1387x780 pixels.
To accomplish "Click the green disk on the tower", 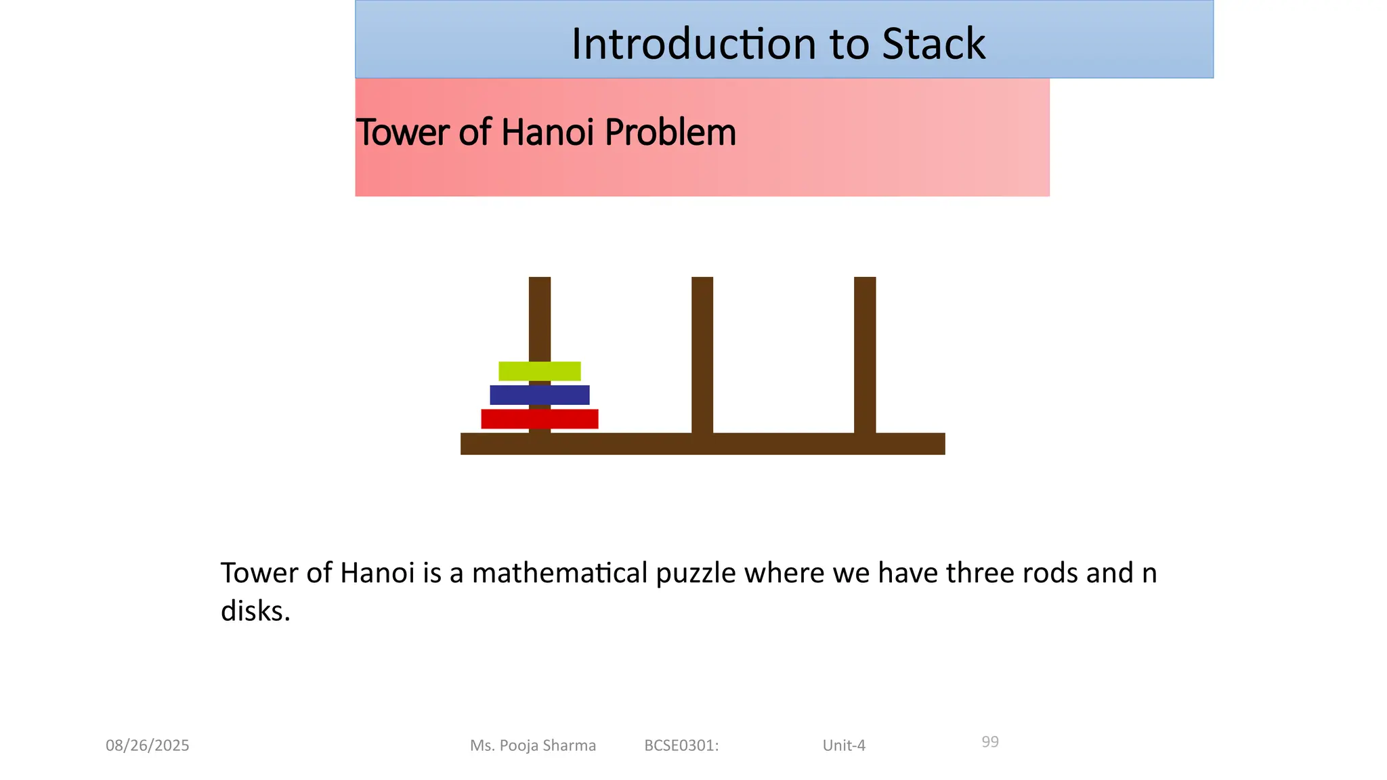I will (x=539, y=371).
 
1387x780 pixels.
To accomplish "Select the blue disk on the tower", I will (x=539, y=395).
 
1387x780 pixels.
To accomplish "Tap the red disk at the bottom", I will (x=539, y=419).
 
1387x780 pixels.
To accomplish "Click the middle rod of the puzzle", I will (x=702, y=352).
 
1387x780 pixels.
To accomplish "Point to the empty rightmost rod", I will (x=865, y=352).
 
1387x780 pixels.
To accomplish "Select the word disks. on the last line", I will (x=255, y=611).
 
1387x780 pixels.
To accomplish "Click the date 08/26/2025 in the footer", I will (x=148, y=745).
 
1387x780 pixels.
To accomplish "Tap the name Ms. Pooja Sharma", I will (x=533, y=745).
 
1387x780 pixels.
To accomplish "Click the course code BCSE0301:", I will (x=681, y=745).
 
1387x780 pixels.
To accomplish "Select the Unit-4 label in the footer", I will (x=844, y=745).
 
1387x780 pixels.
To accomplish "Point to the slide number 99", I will (x=990, y=742).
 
